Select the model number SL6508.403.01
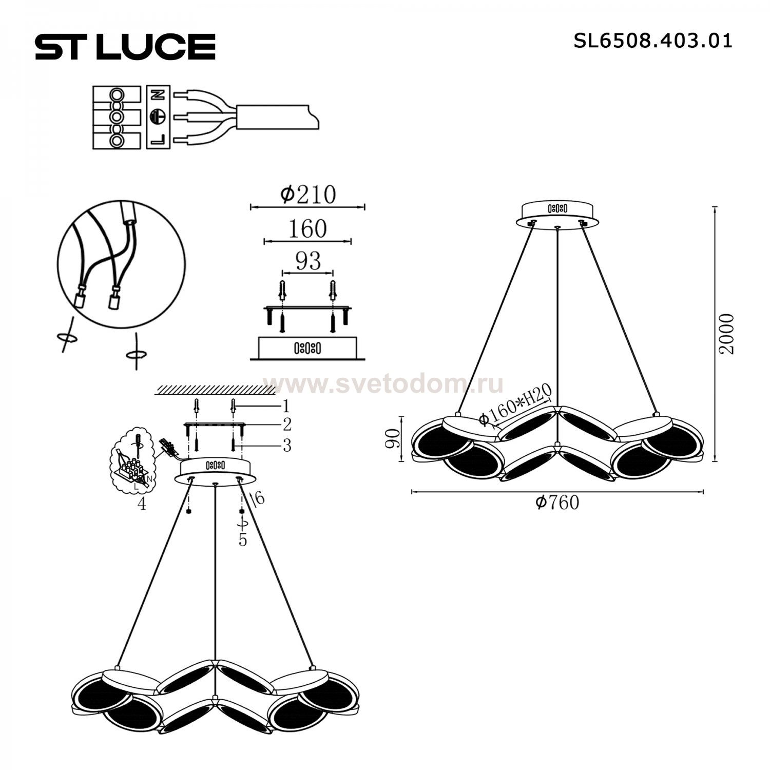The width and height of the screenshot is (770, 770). pos(652,41)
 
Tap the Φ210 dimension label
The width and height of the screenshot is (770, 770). pos(307,195)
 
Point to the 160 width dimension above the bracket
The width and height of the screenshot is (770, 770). pos(307,229)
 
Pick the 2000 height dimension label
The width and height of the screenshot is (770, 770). pos(727,334)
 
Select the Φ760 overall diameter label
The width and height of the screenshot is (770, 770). pos(557,502)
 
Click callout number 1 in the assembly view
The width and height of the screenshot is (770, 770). pos(285,407)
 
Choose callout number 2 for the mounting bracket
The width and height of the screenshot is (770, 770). pos(286,425)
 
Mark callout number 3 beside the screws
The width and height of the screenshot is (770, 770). pos(286,445)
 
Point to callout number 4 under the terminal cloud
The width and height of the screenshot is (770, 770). pos(142,505)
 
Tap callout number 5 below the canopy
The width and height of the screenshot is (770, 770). pos(243,540)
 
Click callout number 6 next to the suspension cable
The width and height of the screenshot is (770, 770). pos(260,497)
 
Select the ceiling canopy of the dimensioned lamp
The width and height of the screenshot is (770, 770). pos(557,214)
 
